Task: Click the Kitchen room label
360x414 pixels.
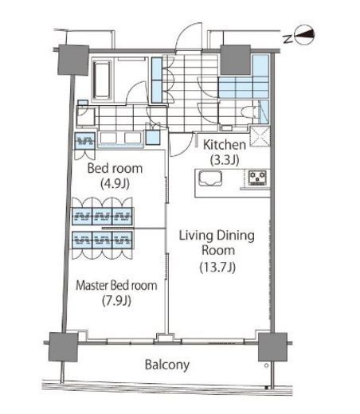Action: pos(225,145)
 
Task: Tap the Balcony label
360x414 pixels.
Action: pos(167,365)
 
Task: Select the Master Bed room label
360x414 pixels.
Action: pos(116,285)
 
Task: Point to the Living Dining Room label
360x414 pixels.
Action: pos(217,243)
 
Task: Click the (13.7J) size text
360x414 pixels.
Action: pos(217,267)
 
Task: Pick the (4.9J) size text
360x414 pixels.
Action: pos(115,184)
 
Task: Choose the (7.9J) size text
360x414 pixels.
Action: pos(117,301)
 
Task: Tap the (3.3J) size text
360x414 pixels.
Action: pos(225,160)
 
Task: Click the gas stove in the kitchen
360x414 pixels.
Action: pos(257,178)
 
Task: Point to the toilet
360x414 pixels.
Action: pos(250,111)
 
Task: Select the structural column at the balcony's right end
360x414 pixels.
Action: pos(272,346)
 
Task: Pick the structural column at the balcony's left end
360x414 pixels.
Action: pos(63,346)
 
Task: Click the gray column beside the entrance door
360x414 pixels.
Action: pos(236,60)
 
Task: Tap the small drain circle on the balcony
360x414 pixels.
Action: pos(266,365)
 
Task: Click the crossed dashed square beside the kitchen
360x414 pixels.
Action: pos(260,137)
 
